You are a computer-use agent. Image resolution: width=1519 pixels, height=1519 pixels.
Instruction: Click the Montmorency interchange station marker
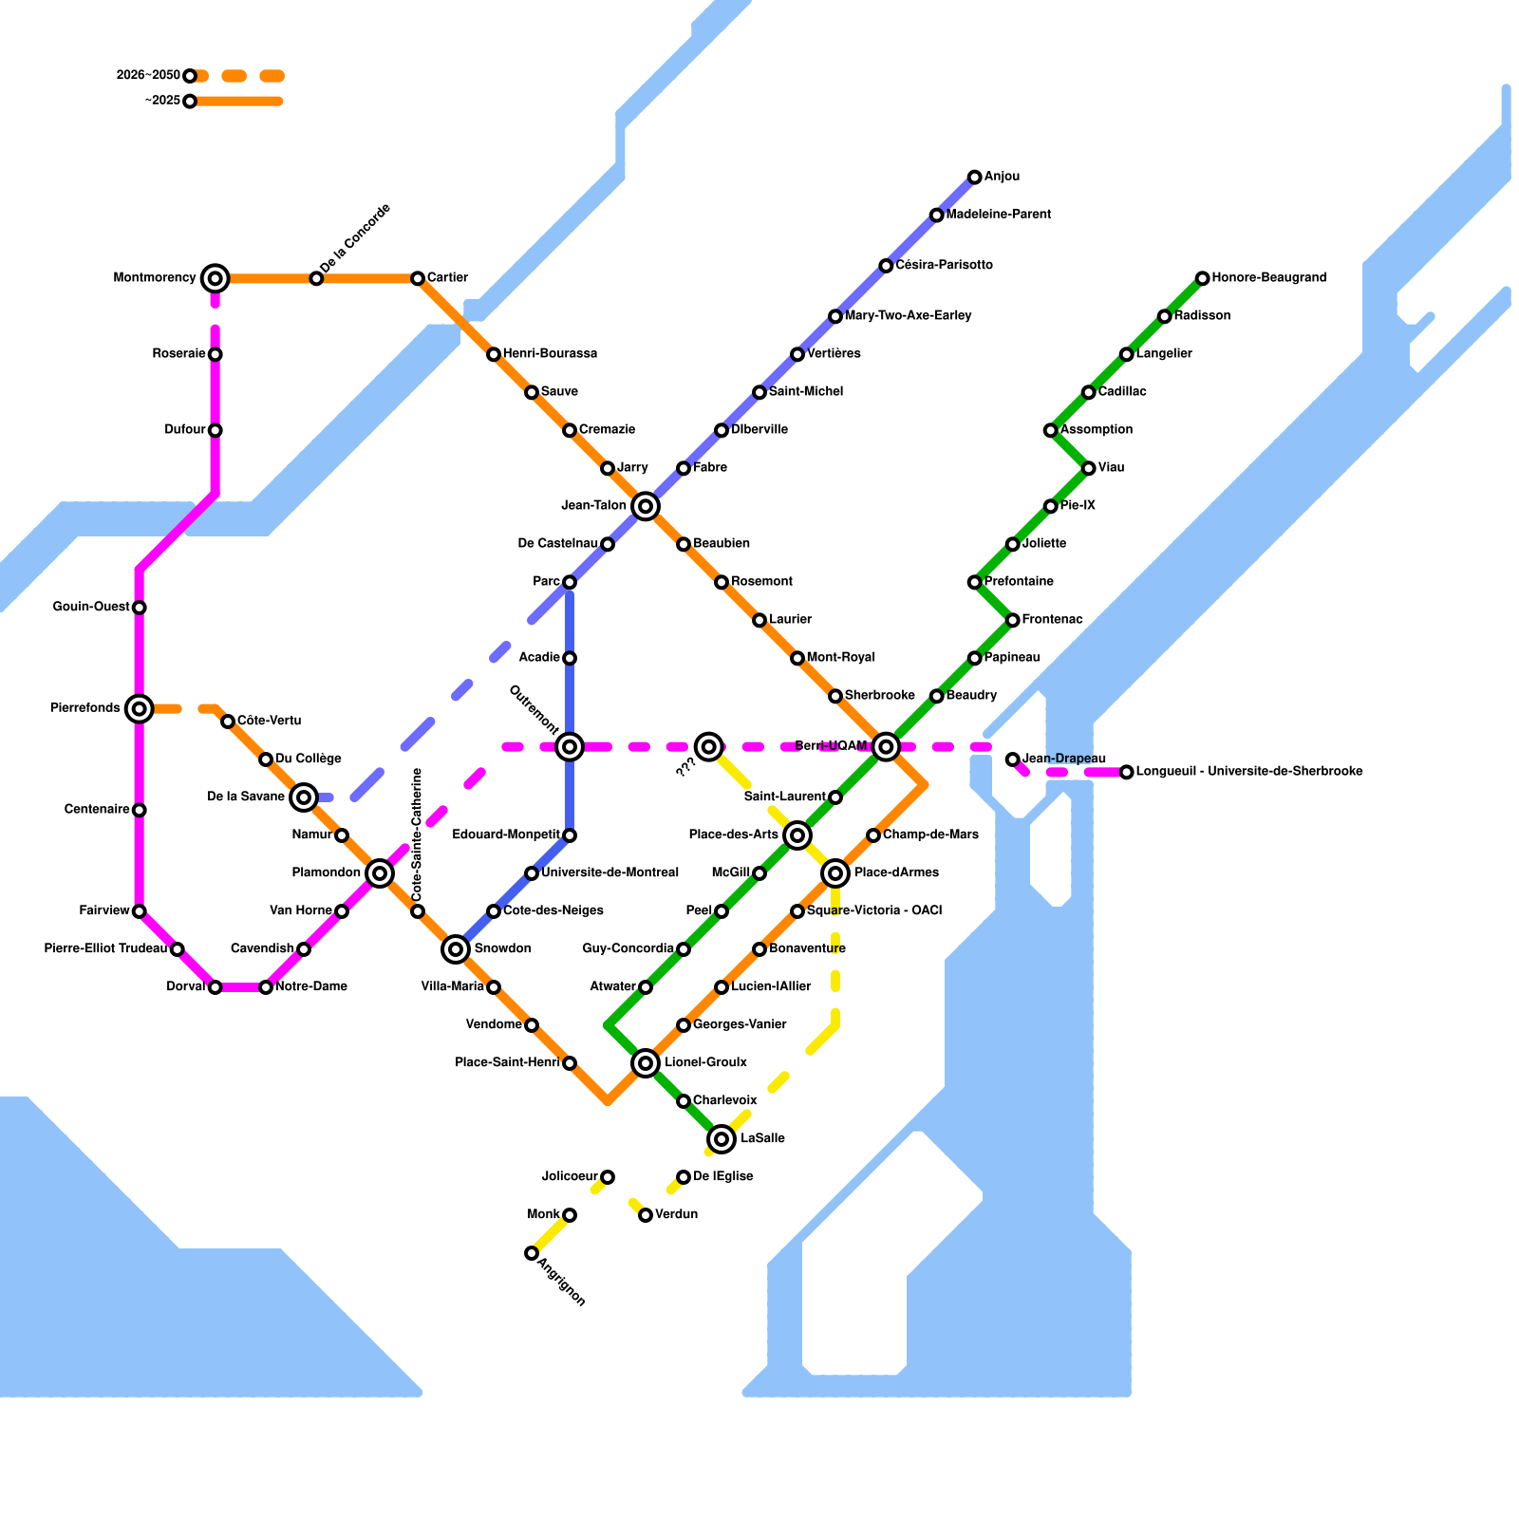[216, 278]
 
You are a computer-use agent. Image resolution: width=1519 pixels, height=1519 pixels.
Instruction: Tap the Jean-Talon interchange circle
[646, 506]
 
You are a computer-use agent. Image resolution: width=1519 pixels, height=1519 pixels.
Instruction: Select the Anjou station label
[1002, 177]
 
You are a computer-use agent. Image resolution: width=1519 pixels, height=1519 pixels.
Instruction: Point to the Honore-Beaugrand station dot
[1202, 278]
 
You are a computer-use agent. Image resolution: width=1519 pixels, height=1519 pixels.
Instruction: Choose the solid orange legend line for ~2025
[237, 102]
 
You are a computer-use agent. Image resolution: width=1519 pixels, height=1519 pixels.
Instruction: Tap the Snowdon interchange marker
[456, 948]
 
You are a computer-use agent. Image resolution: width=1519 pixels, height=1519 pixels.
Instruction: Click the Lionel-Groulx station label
[705, 1062]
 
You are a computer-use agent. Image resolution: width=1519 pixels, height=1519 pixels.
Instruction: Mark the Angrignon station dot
[532, 1253]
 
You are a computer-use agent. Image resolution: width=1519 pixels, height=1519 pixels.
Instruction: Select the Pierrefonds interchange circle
[140, 708]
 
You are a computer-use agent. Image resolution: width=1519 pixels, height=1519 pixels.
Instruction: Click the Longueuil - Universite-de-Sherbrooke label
[1248, 772]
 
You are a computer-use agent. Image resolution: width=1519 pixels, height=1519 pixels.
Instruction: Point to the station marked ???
[708, 746]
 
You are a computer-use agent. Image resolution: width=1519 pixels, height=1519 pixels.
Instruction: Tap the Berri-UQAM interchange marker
[886, 746]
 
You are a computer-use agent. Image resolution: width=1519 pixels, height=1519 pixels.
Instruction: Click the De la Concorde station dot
[316, 278]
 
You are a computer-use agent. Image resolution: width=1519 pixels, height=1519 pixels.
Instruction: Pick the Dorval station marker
[216, 987]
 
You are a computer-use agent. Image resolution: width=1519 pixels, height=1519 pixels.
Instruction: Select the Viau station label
[1111, 468]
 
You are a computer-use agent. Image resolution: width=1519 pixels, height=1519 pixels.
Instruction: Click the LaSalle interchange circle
[722, 1138]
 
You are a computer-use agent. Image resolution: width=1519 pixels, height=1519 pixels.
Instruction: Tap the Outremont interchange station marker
[570, 746]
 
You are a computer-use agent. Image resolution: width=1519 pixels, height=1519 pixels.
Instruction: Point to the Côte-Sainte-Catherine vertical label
[417, 835]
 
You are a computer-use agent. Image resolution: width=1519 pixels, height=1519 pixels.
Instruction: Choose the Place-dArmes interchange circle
[835, 872]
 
